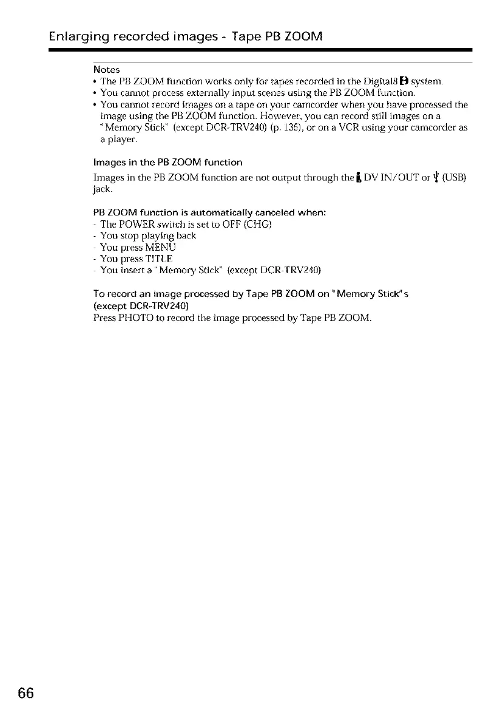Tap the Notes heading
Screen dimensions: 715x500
pyautogui.click(x=107, y=70)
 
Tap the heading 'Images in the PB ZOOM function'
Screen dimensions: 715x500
pyautogui.click(x=167, y=162)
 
